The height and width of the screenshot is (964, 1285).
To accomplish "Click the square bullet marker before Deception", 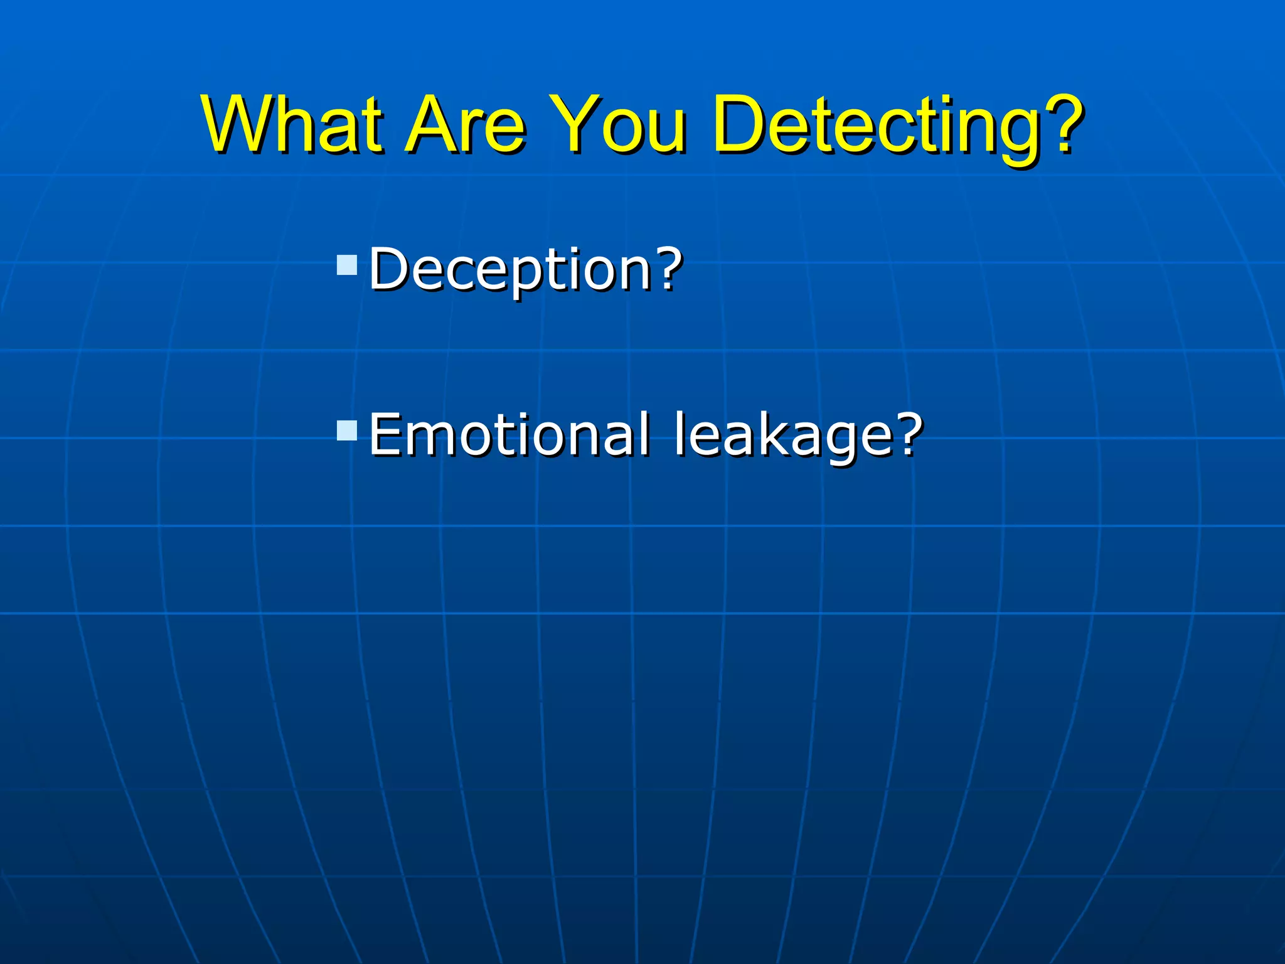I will point(347,265).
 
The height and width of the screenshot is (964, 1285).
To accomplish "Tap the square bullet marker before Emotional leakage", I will point(347,431).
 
